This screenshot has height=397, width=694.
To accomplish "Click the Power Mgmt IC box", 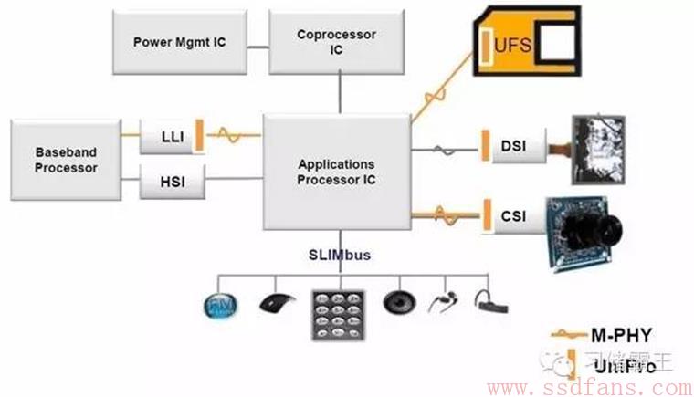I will [179, 43].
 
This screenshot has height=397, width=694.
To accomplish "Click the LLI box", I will [171, 136].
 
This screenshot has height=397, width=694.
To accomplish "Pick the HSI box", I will [171, 183].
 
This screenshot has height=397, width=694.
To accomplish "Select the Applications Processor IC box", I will [336, 172].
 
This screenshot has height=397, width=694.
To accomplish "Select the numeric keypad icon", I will [337, 316].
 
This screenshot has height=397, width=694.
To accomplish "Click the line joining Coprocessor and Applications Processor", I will [340, 95].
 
